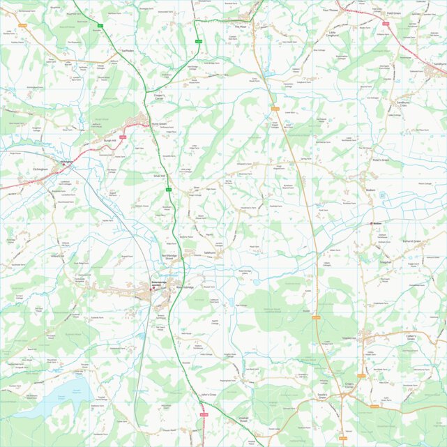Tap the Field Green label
click(394, 13)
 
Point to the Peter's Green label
click(380, 160)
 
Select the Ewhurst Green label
click(411, 241)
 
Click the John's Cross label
click(209, 395)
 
